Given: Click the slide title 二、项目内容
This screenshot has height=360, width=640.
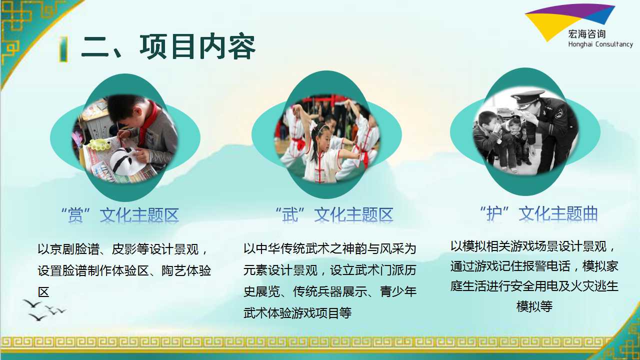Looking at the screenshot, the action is [168, 47].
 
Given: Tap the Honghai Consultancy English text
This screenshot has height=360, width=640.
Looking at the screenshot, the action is [600, 44].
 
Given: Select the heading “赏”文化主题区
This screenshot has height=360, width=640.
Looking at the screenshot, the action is [120, 215].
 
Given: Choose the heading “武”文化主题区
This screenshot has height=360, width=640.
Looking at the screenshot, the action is [334, 214].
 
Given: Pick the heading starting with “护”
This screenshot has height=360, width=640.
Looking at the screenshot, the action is [539, 213].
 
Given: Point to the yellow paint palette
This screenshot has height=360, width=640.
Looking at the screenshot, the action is [99, 144].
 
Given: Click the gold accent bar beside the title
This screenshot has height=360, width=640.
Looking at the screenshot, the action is [63, 49].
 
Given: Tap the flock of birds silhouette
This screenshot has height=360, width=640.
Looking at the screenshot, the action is [43, 310].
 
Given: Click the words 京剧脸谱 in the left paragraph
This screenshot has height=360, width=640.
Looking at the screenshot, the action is [74, 249].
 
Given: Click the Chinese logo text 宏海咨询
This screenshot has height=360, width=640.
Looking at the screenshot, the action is [587, 34].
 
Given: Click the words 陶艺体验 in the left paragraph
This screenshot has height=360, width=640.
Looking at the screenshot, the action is [186, 270].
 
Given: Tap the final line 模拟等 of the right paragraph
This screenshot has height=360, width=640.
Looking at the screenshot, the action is [534, 306].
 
